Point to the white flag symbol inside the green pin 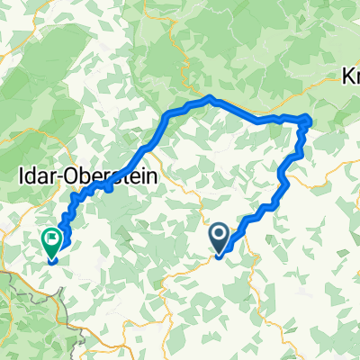[x=51, y=239]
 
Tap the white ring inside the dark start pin [x=219, y=236]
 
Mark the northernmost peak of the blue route [x=209, y=97]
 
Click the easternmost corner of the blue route [x=310, y=119]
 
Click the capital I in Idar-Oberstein [x=21, y=177]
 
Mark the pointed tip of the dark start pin [x=219, y=256]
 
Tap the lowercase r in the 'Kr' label [x=355, y=77]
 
